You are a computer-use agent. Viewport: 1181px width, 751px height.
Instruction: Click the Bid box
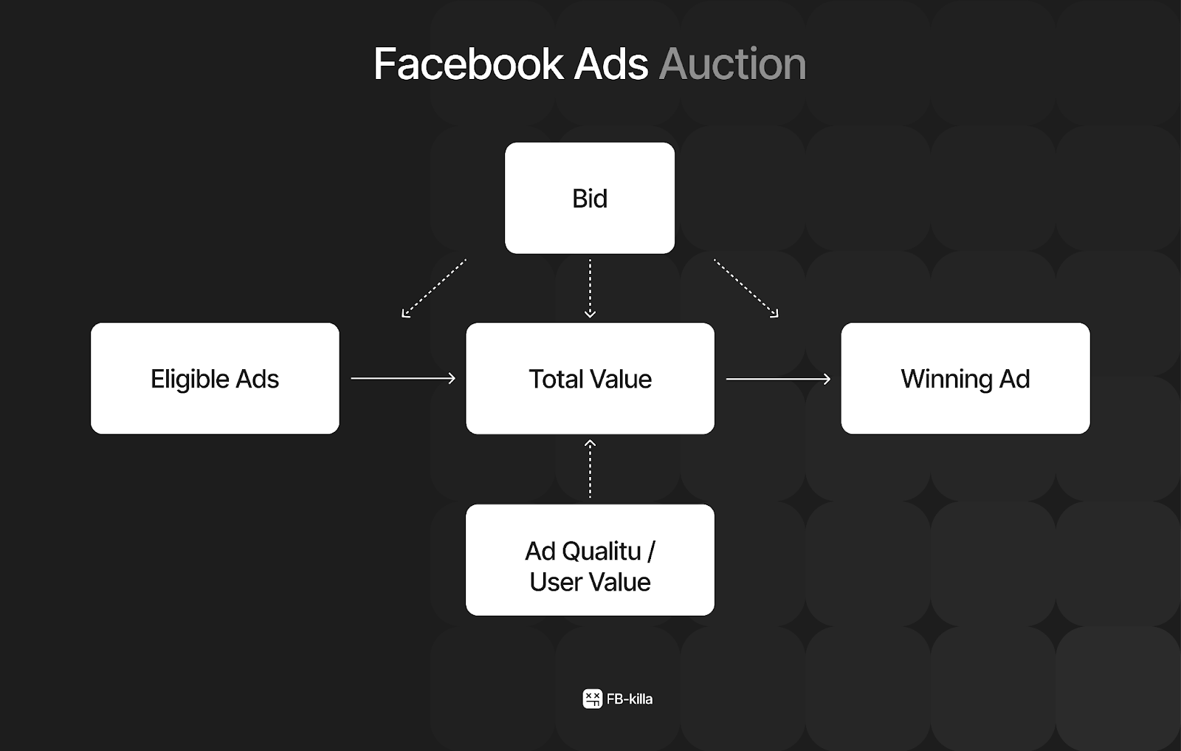pos(590,198)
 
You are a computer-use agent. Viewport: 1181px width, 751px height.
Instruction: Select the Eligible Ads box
pos(215,378)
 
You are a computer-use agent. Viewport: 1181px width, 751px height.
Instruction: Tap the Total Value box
pos(590,378)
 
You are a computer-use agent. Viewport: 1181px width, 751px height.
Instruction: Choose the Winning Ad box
pos(965,378)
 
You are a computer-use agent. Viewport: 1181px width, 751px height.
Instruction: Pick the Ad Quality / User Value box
pos(590,560)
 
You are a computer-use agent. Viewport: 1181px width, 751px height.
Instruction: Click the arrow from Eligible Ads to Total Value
pos(403,378)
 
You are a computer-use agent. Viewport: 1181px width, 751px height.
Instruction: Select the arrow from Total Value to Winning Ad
pos(778,379)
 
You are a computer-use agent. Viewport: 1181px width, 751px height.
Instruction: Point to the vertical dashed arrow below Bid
pos(590,289)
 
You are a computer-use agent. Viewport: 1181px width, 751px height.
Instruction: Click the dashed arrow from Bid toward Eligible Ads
pos(434,288)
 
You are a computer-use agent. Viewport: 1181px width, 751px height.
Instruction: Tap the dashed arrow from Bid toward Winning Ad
pos(746,288)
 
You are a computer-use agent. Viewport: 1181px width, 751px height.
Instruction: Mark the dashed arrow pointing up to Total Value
pos(590,469)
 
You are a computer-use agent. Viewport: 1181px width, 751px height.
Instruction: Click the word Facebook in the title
pos(469,64)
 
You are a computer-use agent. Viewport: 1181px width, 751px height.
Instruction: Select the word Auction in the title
pos(733,64)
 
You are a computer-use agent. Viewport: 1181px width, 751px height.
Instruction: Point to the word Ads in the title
pos(611,64)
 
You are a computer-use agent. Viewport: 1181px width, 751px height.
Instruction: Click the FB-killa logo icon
pos(593,699)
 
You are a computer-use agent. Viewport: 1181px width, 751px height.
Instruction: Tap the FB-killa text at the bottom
pos(630,699)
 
